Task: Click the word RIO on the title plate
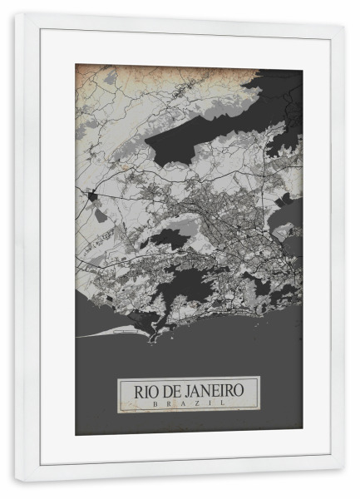tap(135, 389)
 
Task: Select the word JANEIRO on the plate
tap(213, 389)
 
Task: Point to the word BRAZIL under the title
tap(189, 403)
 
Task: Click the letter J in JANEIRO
tap(182, 389)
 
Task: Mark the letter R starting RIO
tap(126, 389)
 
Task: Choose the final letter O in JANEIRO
tap(248, 389)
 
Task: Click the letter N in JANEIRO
tap(203, 389)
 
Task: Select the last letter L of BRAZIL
tap(220, 403)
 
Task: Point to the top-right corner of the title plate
tap(259, 378)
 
